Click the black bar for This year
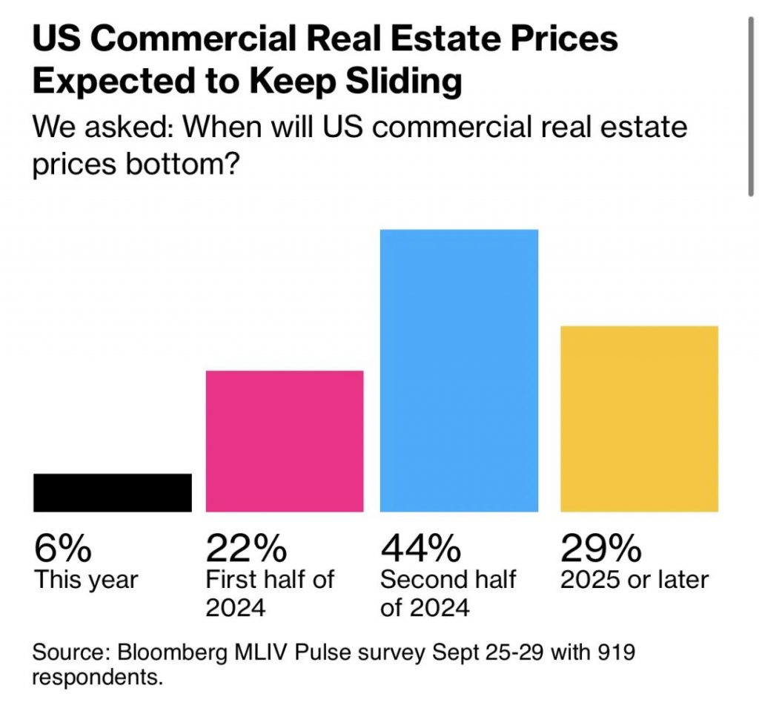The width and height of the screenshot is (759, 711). (113, 492)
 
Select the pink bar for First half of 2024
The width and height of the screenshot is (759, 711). (285, 440)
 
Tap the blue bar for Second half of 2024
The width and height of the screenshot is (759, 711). (459, 371)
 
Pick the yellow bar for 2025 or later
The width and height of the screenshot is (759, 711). (639, 418)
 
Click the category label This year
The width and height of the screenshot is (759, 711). (86, 580)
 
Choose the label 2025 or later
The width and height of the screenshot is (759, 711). (634, 579)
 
